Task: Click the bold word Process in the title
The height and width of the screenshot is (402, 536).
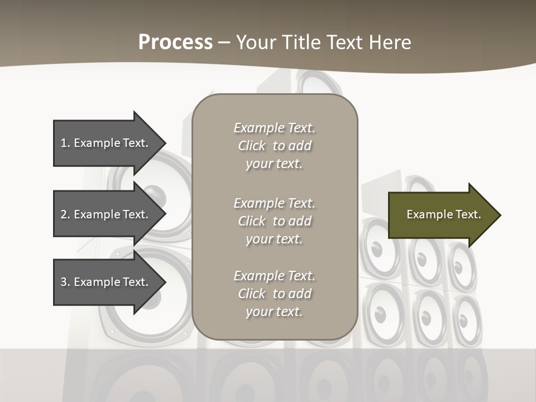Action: (175, 42)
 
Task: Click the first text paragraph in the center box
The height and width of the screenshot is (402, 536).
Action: (274, 146)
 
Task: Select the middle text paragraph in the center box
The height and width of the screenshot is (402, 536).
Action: (274, 221)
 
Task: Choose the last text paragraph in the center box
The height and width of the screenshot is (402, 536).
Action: (274, 294)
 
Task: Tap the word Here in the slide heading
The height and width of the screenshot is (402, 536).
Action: (389, 42)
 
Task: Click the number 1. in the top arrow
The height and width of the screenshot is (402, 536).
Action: (65, 143)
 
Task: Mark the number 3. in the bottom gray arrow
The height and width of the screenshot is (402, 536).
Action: (65, 282)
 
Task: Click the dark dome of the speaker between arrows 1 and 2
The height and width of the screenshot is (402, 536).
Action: (156, 196)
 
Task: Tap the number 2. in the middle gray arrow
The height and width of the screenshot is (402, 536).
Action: (65, 214)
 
